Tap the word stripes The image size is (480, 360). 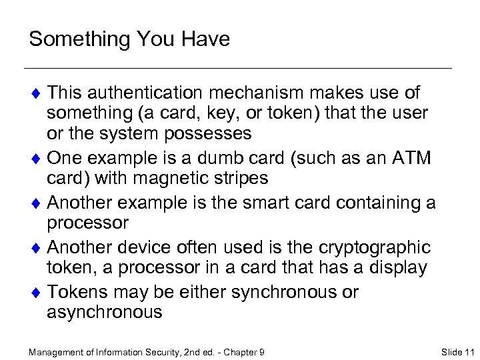click(x=237, y=179)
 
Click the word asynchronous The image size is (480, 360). click(x=105, y=311)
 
